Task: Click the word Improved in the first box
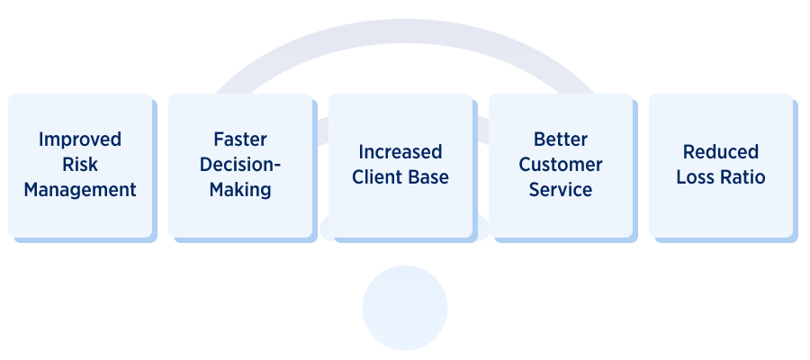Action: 80,140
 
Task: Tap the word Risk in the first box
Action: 80,166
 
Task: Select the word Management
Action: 80,191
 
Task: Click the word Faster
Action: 240,140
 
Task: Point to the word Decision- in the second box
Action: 240,166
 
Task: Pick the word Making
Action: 240,191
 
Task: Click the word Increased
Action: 400,152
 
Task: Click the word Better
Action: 561,140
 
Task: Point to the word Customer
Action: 561,166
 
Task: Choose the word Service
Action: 561,191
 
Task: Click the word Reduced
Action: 721,152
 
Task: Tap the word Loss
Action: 696,177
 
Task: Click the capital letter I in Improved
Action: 41,140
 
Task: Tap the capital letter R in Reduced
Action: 688,152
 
